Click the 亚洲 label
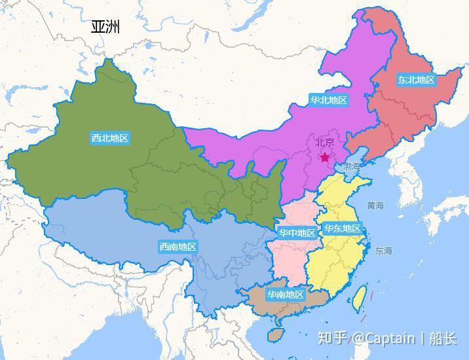[105, 27]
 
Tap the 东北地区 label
[416, 80]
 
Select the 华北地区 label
[328, 100]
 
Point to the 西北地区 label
[109, 138]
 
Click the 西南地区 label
[178, 247]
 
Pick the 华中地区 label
[297, 233]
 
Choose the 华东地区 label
[341, 228]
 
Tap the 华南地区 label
[285, 295]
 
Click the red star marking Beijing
[325, 157]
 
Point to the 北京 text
[325, 142]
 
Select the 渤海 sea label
[352, 166]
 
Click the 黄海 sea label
[375, 206]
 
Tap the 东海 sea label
[384, 251]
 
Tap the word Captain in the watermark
[390, 338]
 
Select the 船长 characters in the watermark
[443, 338]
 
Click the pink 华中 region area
[288, 259]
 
